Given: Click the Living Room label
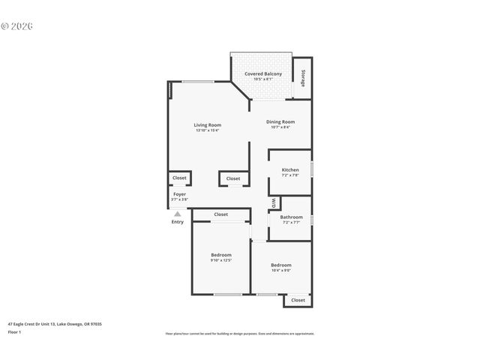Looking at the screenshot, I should pos(207,125).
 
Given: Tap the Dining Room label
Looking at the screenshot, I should pos(280,121).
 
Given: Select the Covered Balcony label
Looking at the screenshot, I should pos(263,73).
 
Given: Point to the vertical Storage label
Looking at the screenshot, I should pos(303,78).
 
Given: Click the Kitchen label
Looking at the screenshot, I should pos(290,170).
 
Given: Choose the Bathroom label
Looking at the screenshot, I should pos(291,217).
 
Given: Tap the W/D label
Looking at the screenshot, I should pos(274,202).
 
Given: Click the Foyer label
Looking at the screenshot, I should pos(179,194).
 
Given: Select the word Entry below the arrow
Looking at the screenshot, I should pos(178,222).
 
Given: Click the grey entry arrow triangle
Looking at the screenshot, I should pos(178,214).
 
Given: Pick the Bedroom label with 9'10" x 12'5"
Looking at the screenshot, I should pos(221,255).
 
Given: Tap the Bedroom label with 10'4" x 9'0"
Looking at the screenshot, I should pos(281,265).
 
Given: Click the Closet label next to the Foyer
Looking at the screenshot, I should pos(179,178).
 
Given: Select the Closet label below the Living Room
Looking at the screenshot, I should pos(233,178).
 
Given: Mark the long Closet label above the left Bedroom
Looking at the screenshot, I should pos(221,214).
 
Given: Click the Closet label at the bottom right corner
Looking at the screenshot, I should pos(298,300).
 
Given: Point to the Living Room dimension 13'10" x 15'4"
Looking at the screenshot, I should pos(207,131).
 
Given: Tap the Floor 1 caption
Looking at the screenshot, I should pos(14,331).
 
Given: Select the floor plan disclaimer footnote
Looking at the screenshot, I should pos(239,333).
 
